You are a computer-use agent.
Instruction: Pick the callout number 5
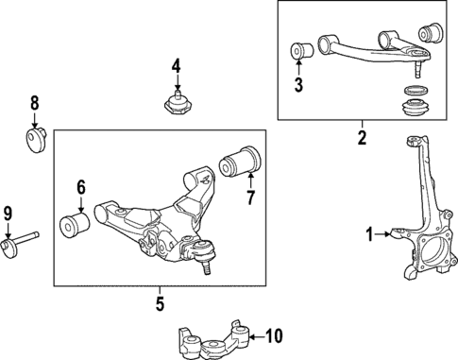pyautogui.click(x=160, y=303)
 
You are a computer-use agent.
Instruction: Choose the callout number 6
pyautogui.click(x=81, y=187)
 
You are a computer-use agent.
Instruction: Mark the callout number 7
pyautogui.click(x=251, y=199)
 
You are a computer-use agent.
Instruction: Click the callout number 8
pyautogui.click(x=35, y=103)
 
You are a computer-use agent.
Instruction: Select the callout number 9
pyautogui.click(x=8, y=213)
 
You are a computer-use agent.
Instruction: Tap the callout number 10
pyautogui.click(x=275, y=334)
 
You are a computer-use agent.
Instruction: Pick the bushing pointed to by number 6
pyautogui.click(x=74, y=227)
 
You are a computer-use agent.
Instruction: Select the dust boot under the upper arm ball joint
pyautogui.click(x=414, y=101)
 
